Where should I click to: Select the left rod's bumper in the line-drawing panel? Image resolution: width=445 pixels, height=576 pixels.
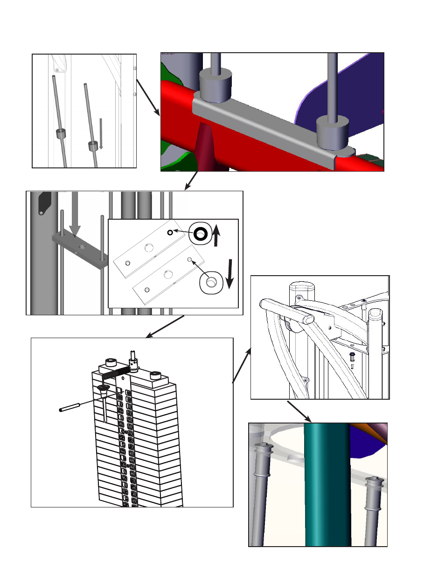(x=61, y=133)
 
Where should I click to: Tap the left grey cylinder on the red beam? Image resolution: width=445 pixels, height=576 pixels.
(x=216, y=85)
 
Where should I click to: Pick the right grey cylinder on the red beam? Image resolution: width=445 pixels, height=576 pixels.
(x=333, y=133)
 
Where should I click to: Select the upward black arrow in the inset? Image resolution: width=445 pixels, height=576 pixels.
(x=216, y=235)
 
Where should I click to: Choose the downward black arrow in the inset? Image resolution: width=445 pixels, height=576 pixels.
(x=229, y=274)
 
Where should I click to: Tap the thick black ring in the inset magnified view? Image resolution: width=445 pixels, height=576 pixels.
(x=201, y=234)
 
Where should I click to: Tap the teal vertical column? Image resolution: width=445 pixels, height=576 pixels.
(x=327, y=485)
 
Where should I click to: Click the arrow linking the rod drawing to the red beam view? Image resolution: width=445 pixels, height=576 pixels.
(x=148, y=97)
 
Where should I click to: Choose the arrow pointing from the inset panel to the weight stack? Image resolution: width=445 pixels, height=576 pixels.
(x=165, y=326)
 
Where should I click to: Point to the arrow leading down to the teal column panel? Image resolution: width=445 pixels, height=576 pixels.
(x=299, y=411)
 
